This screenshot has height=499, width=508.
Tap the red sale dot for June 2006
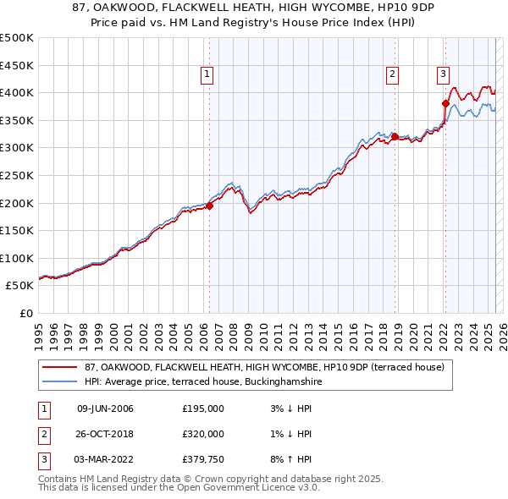click(209, 206)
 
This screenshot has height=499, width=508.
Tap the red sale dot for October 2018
click(395, 135)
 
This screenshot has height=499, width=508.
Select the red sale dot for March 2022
click(445, 103)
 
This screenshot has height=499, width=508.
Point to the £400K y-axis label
click(17, 92)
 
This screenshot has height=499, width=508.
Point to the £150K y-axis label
click(17, 230)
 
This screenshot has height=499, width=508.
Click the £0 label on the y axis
click(25, 313)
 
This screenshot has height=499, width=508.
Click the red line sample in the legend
click(61, 367)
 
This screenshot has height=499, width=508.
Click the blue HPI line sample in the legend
click(61, 381)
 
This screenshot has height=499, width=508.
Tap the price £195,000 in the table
click(203, 409)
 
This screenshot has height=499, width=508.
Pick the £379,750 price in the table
click(203, 459)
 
